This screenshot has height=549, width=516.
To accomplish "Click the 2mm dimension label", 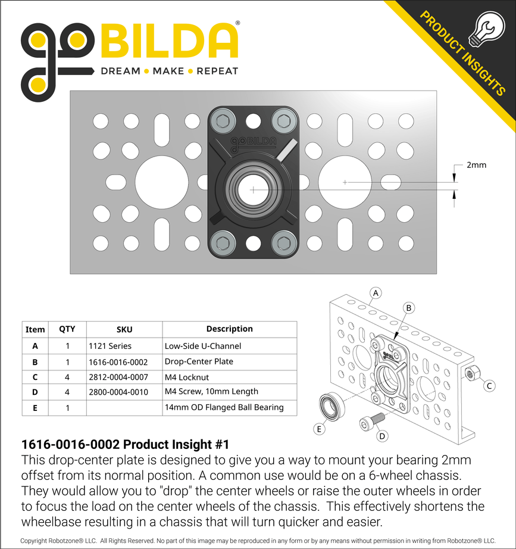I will coord(476,165).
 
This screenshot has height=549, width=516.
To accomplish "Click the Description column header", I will coord(229,329).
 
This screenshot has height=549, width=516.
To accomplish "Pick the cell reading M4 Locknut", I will coord(186,377).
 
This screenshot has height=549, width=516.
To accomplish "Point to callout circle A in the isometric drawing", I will coord(375,292).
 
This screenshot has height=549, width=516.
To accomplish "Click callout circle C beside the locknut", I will coord(489,386).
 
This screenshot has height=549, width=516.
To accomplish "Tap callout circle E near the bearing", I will coord(320,428).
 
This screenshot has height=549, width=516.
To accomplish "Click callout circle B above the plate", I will coord(409,307).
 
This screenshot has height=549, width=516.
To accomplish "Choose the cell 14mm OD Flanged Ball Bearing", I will coord(224,408).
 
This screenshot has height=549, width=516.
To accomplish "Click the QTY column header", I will coord(67,329).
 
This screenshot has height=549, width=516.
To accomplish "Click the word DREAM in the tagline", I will coord(120,71).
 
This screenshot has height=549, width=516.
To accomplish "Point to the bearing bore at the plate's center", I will coord(253,189).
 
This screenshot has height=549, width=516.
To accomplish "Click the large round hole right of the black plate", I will coord(345,182).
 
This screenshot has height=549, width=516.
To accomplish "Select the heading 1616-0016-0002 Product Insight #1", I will coord(125,445).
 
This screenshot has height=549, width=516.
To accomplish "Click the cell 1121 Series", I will coord(110,346).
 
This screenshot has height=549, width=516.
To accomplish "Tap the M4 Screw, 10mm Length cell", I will coord(211,392).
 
